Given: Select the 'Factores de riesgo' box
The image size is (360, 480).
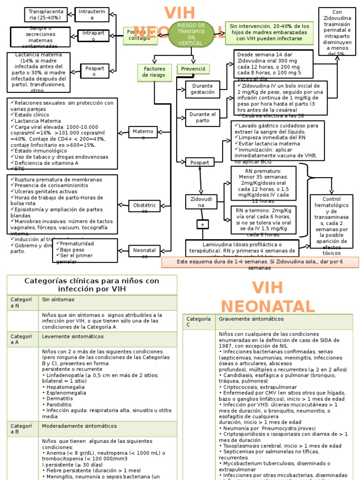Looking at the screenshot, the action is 154,72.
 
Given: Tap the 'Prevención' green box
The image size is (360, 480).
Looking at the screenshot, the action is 193,69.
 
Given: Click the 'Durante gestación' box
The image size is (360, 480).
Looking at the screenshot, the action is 202,89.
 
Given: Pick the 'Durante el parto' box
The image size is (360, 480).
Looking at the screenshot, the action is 202,118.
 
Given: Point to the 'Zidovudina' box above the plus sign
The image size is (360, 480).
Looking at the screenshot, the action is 201,202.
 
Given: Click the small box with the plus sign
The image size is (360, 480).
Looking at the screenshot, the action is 202,225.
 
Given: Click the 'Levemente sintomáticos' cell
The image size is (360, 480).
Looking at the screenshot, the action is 107,337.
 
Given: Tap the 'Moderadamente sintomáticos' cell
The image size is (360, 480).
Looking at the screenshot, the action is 107,426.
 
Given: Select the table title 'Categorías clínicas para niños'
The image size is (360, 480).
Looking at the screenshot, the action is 92,285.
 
